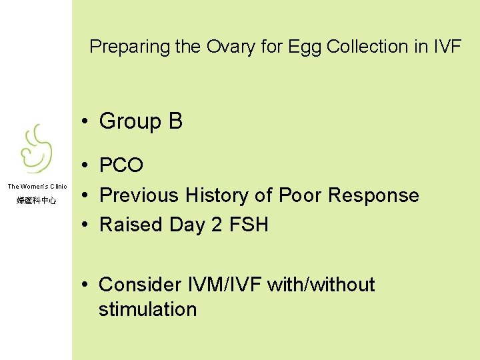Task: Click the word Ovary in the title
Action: pyautogui.click(x=231, y=47)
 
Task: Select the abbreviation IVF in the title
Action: pyautogui.click(x=446, y=47)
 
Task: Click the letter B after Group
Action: pyautogui.click(x=175, y=121)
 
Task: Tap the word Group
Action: pyautogui.click(x=129, y=121)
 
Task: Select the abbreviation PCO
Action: pyautogui.click(x=121, y=165)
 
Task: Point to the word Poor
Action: pyautogui.click(x=299, y=195)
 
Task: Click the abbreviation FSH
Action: pyautogui.click(x=249, y=225)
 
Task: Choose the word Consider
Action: pyautogui.click(x=139, y=285)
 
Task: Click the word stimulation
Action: pyautogui.click(x=147, y=309)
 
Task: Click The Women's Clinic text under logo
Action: pyautogui.click(x=37, y=187)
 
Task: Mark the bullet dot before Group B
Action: pyautogui.click(x=87, y=122)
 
